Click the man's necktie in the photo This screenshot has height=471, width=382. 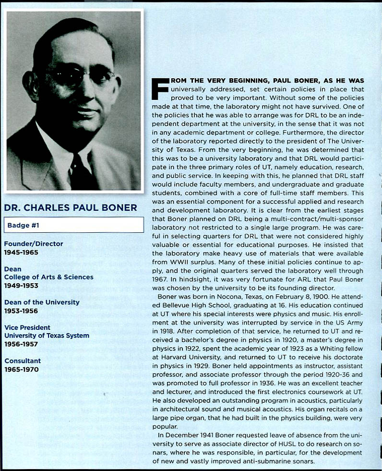pos(77,172)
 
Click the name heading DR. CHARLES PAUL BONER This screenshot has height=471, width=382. pos(71,208)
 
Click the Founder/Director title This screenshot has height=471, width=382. pos(34,243)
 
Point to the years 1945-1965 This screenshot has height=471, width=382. pos(21,252)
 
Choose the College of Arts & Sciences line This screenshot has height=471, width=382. pos(49,277)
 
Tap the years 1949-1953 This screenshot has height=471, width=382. pos(21,285)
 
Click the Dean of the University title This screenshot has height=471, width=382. pos(42,302)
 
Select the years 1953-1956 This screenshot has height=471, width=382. pos(21,311)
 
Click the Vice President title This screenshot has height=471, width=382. pos(27,327)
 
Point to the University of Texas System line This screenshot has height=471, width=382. pos(47,336)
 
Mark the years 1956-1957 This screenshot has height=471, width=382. pos(21,344)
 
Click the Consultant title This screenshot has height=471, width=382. pos(23,361)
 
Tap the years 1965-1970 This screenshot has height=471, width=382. pos(21,369)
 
